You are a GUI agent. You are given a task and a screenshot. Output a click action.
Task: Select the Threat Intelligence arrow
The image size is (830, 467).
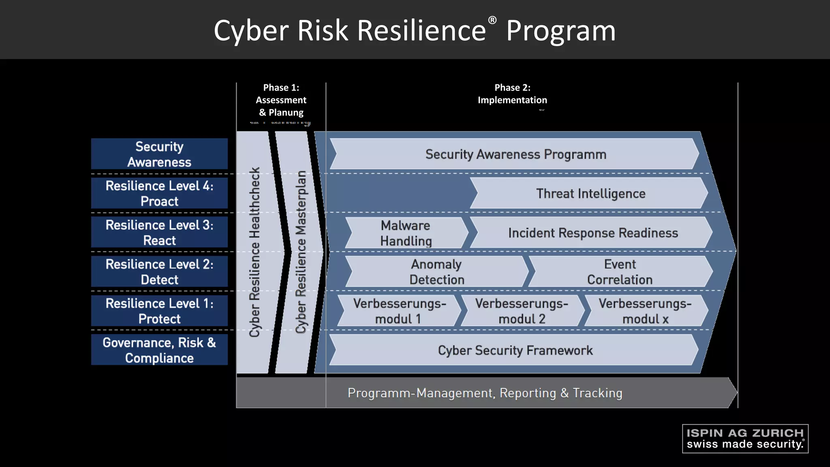point(590,193)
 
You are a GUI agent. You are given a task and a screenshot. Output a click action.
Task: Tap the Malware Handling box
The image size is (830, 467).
point(406,233)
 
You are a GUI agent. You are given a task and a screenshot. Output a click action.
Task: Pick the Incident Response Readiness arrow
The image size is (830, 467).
point(593,233)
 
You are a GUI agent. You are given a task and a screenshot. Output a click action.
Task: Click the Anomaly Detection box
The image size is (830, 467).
point(436,272)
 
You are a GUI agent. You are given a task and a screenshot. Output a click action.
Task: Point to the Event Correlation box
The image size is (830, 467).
point(620,272)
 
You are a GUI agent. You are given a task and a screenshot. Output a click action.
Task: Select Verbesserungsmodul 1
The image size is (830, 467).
point(399,311)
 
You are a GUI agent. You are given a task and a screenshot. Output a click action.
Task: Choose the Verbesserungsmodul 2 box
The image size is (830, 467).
point(522,311)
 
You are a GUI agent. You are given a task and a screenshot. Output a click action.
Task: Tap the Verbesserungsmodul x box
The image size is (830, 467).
point(645,311)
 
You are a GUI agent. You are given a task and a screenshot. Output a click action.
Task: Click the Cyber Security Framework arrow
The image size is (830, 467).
point(515,350)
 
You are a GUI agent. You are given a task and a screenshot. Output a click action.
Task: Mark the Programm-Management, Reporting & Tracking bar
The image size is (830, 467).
point(485,393)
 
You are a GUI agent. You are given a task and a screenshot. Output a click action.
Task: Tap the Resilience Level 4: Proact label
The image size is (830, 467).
point(159,193)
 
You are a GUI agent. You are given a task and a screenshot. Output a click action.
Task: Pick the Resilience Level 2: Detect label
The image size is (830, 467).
point(159,272)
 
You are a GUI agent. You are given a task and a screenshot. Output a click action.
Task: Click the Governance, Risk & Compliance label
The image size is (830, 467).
point(159,350)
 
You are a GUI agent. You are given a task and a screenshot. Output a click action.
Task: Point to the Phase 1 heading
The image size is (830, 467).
point(281,100)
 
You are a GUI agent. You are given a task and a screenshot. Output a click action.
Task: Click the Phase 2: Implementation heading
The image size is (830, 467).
point(512,94)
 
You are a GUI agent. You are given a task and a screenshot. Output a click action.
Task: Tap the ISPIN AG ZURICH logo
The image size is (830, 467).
point(745,439)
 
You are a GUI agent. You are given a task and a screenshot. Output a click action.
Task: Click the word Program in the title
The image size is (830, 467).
point(561,31)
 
